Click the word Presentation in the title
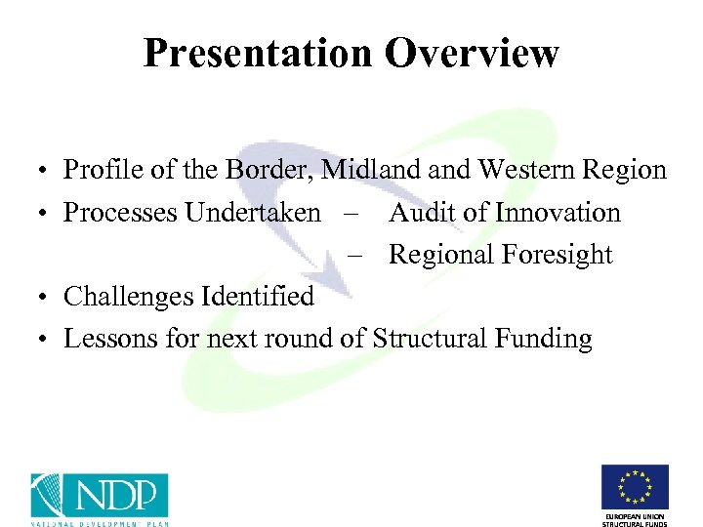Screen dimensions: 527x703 pyautogui.click(x=257, y=54)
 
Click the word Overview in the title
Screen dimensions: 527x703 pyautogui.click(x=472, y=54)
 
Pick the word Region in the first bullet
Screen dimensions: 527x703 pyautogui.click(x=628, y=171)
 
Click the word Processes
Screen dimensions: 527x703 pyautogui.click(x=118, y=213)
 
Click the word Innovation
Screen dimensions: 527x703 pyautogui.click(x=558, y=213)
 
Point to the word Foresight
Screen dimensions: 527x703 pyautogui.click(x=556, y=256)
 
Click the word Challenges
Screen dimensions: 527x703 pyautogui.click(x=127, y=297)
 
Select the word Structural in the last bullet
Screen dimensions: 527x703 pyautogui.click(x=434, y=339)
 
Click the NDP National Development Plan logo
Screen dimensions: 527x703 pyautogui.click(x=99, y=499)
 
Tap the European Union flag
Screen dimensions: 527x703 pyautogui.click(x=636, y=487)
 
